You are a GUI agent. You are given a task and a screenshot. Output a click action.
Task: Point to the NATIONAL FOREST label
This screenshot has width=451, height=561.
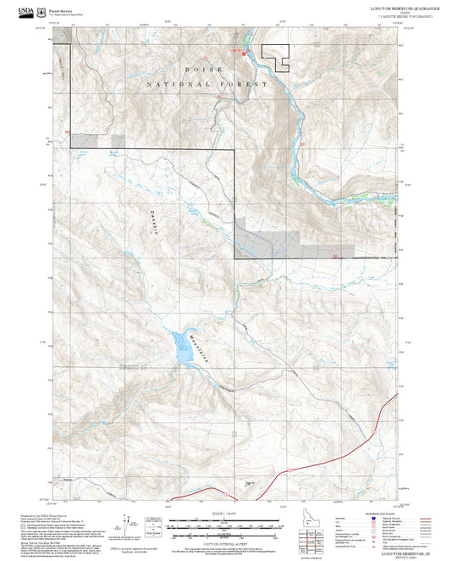point(206,85)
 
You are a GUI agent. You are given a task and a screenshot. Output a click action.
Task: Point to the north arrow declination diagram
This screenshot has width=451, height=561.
point(127,524)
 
